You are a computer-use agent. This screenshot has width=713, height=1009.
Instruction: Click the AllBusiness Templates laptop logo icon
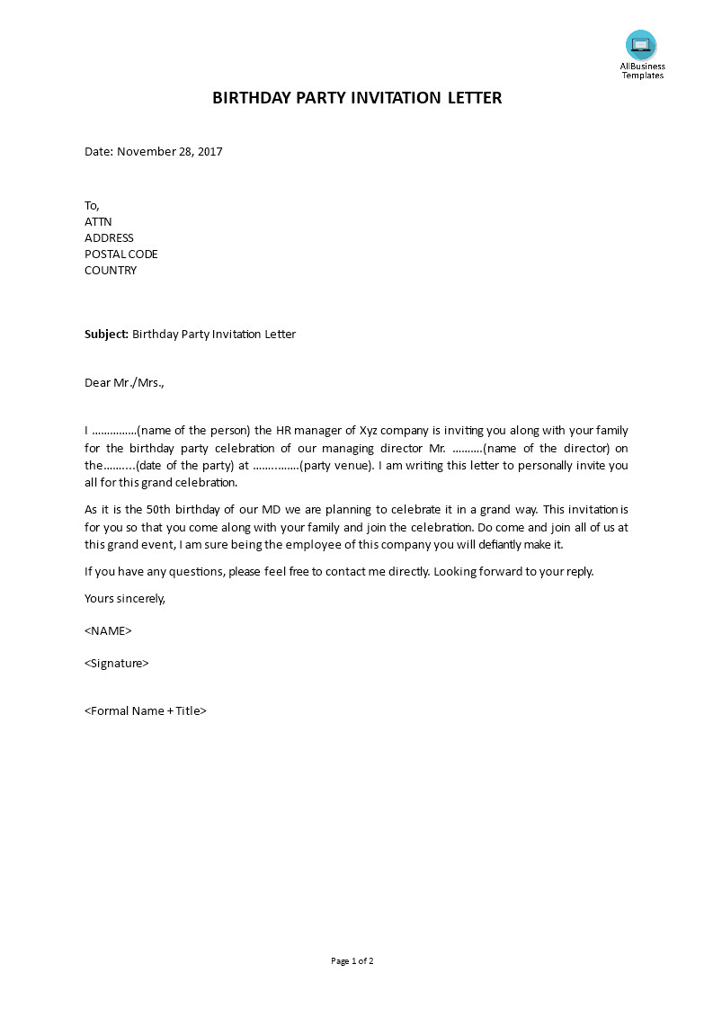tap(641, 45)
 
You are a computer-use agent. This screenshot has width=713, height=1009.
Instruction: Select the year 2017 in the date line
tap(209, 152)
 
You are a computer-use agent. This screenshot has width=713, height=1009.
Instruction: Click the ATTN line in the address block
tap(98, 222)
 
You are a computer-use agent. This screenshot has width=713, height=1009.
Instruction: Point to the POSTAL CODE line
tap(120, 254)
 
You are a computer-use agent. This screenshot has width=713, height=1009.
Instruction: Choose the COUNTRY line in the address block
tap(111, 271)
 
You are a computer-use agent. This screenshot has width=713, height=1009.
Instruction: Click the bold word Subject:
tap(107, 335)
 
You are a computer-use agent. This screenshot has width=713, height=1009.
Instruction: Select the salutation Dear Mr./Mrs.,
tap(125, 383)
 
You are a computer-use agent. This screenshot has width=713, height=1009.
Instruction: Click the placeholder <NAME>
tap(108, 631)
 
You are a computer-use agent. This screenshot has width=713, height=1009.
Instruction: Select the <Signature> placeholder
tap(117, 664)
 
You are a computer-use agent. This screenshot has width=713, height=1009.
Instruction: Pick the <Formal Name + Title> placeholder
tap(146, 711)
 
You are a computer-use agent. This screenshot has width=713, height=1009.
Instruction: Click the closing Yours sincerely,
tap(125, 599)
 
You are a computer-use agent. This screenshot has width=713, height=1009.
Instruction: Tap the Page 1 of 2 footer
tap(352, 961)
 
